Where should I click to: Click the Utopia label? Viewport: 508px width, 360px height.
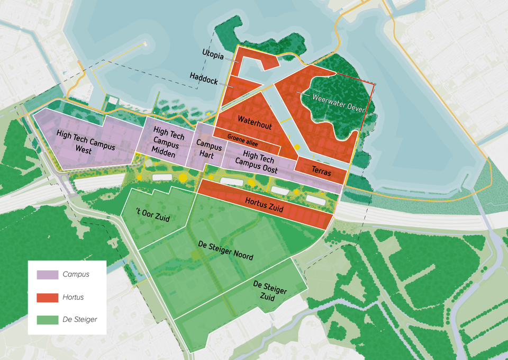(213, 54)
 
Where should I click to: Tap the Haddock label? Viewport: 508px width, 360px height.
(204, 77)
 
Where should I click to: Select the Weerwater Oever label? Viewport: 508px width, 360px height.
(339, 102)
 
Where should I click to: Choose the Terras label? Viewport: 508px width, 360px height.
(321, 172)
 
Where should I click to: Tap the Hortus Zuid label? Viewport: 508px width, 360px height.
(264, 205)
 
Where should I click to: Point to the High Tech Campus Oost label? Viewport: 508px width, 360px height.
(256, 162)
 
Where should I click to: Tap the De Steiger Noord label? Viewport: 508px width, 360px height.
(225, 251)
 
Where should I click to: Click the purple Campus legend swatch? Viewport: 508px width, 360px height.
(47, 275)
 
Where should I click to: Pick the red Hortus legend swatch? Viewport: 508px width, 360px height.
(47, 298)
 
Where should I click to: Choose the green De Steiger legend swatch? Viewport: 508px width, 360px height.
(47, 320)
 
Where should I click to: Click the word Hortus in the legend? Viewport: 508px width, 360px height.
(73, 298)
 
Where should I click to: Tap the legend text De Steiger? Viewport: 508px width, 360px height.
(79, 320)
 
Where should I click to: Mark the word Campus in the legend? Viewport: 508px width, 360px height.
(76, 275)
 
